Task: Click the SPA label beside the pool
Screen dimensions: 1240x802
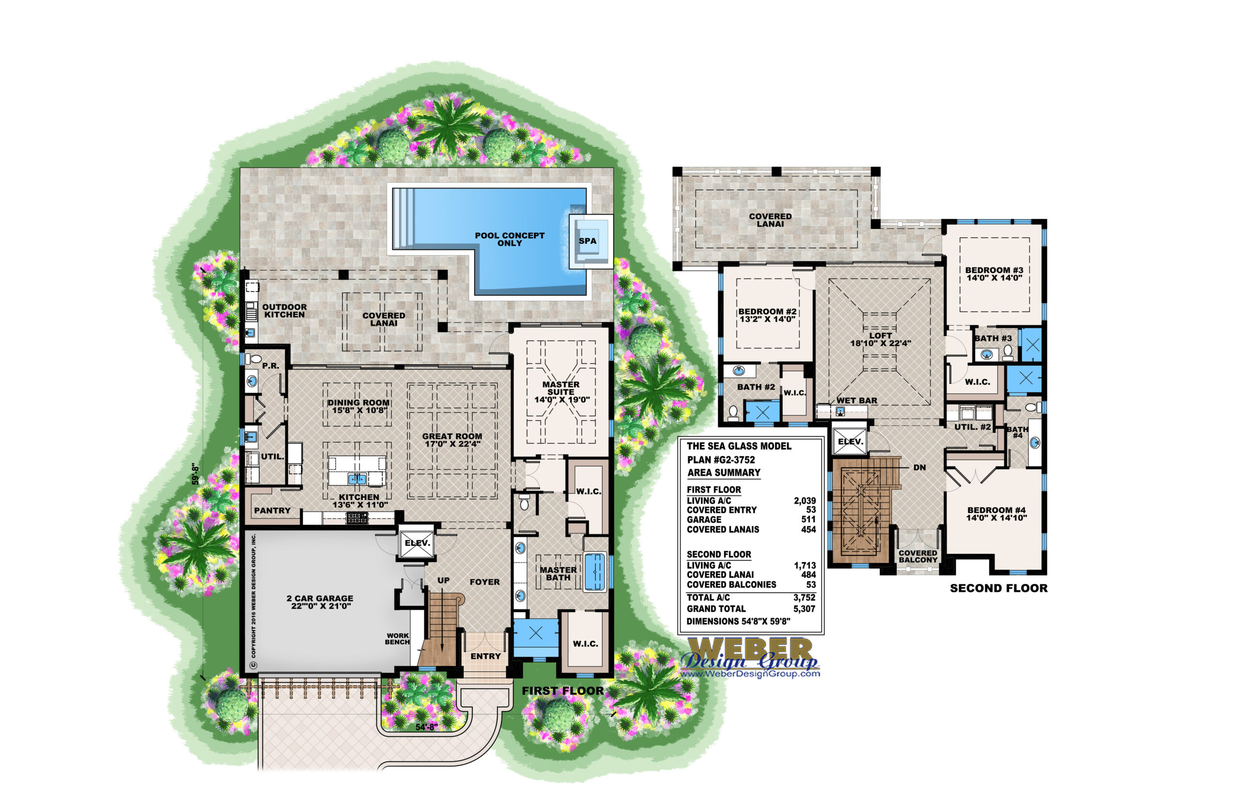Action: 588,241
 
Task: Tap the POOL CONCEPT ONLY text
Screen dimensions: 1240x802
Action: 510,240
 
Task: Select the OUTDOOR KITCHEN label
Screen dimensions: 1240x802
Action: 284,311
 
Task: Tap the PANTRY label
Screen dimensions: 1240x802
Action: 272,511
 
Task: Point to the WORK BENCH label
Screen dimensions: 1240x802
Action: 397,639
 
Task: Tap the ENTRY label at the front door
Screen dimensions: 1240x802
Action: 485,657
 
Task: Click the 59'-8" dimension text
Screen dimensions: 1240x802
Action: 195,475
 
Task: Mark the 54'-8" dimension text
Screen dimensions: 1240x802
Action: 427,727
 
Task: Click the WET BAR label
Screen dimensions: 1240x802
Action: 857,401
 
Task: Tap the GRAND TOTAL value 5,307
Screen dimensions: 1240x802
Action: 804,609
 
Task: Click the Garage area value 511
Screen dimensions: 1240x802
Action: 808,520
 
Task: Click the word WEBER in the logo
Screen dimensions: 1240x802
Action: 750,649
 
